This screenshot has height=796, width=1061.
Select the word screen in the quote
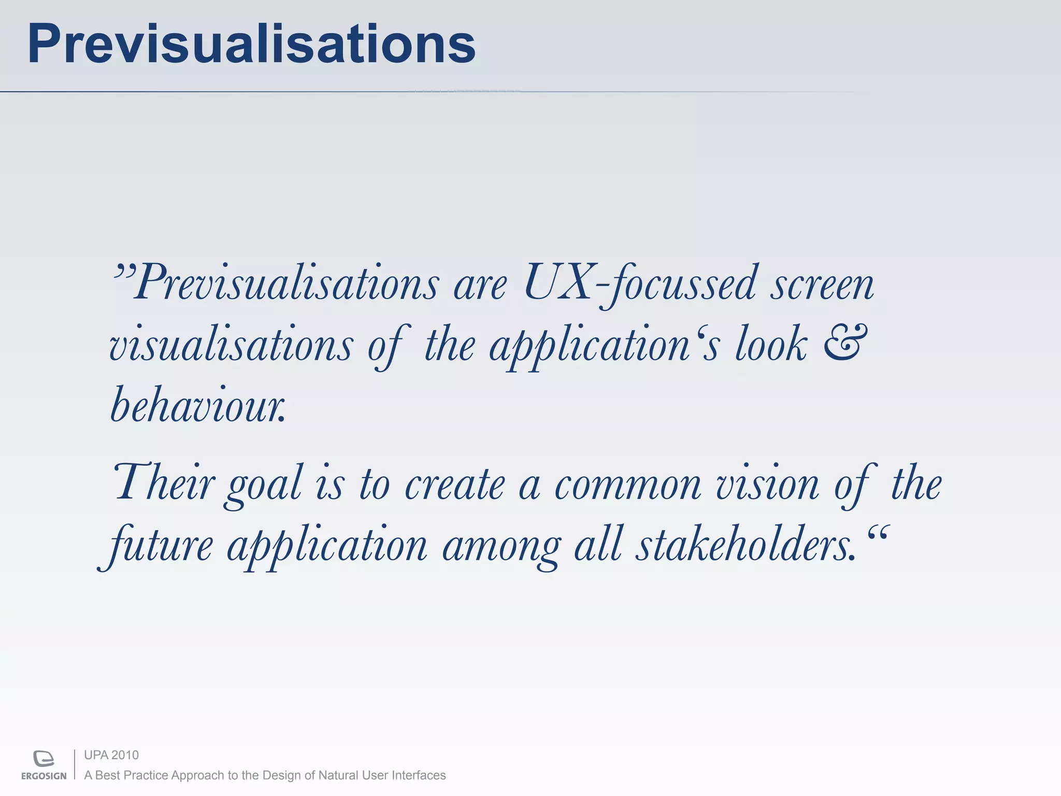(822, 284)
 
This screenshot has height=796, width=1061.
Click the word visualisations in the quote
(231, 345)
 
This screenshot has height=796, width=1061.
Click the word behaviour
(198, 405)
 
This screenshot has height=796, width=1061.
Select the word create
(454, 485)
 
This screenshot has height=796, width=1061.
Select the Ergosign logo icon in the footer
(44, 758)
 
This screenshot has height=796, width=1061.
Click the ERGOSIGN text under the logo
(44, 776)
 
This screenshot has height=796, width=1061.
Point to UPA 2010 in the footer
(111, 755)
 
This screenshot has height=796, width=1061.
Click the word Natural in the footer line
(337, 775)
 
